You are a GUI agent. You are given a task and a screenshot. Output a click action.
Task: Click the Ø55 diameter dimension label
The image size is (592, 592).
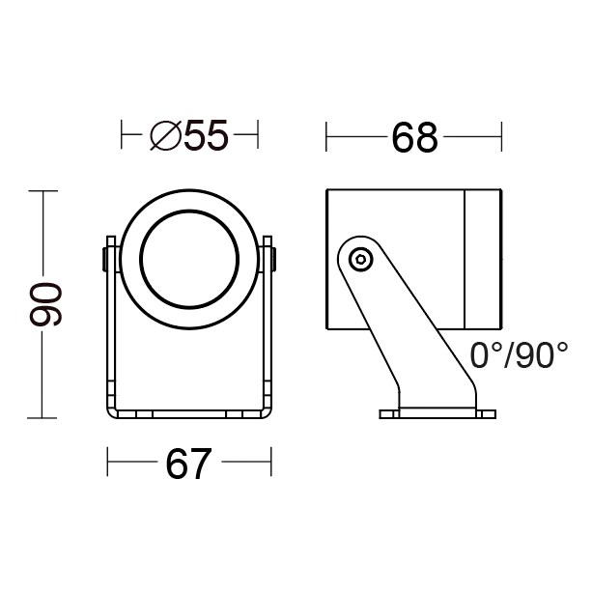point(189,135)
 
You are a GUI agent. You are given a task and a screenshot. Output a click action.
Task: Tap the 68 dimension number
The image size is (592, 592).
point(414,137)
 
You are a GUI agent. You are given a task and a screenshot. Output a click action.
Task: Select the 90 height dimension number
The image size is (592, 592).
point(45,304)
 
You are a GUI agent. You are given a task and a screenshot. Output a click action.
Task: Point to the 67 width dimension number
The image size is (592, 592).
point(188,464)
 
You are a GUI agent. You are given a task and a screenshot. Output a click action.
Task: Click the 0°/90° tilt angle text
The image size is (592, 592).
point(519,355)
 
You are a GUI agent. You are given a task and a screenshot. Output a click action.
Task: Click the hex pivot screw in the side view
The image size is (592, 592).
point(360,260)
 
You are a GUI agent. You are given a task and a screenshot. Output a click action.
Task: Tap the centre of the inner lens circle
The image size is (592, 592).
point(189,259)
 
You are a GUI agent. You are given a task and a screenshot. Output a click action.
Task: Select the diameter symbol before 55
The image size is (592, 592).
point(165,135)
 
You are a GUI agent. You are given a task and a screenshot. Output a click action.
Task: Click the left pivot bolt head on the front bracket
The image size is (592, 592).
point(104,260)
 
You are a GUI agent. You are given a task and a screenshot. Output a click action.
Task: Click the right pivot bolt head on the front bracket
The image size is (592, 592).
point(273,260)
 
